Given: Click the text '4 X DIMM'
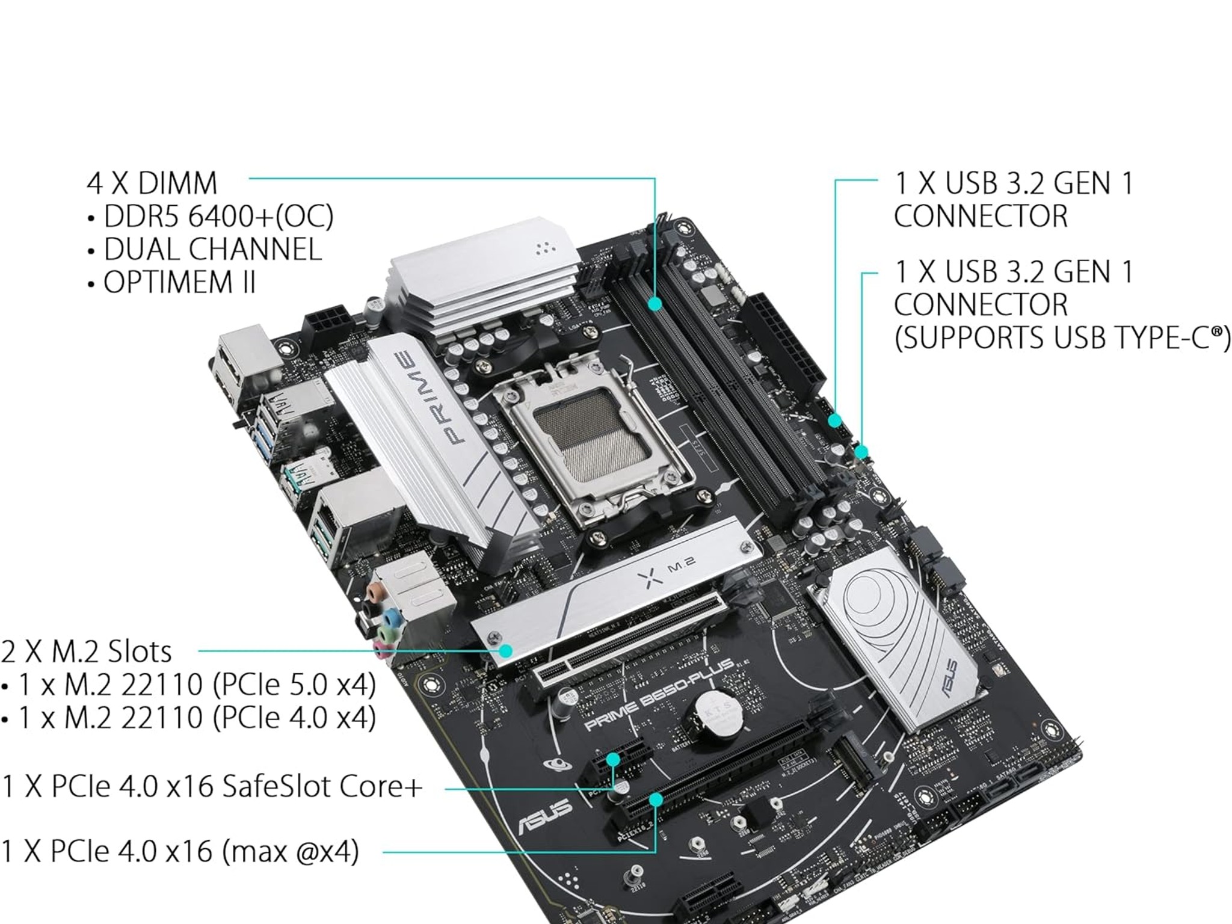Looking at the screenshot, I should [x=152, y=183].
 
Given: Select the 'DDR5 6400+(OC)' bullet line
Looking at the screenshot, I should [x=218, y=217].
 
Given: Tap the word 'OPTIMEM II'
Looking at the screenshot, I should [x=179, y=282].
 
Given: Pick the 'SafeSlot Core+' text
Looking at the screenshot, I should [x=322, y=786].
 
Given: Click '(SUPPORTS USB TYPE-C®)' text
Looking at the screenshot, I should [x=1062, y=337].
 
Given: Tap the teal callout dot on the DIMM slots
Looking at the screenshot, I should [x=656, y=304].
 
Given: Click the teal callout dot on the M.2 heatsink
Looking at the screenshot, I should [x=506, y=650].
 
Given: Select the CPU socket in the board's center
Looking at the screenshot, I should [x=590, y=439].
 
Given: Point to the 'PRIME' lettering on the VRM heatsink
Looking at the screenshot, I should [x=428, y=397].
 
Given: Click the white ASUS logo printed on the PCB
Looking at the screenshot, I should [x=544, y=817].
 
